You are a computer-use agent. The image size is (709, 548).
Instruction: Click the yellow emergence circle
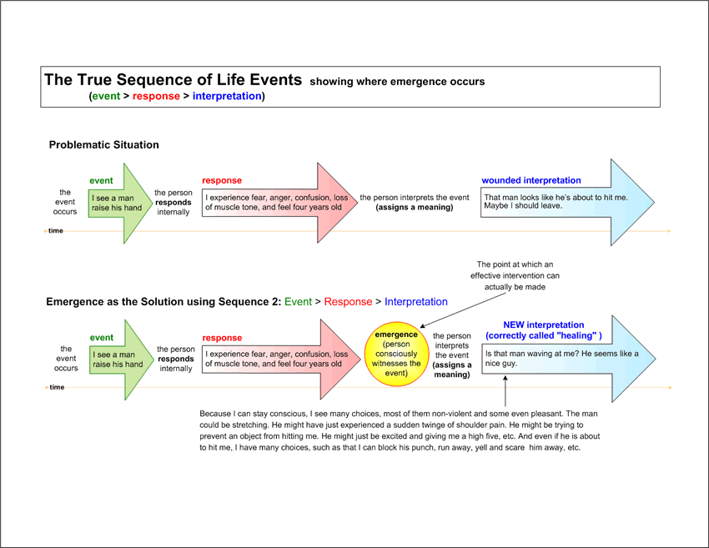click(x=396, y=354)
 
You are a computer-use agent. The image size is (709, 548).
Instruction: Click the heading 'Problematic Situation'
click(x=104, y=144)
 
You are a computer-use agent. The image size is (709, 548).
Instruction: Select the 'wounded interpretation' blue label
click(x=531, y=180)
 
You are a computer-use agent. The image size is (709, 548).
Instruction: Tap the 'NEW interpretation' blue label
click(x=544, y=324)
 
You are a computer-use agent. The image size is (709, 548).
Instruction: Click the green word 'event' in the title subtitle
click(x=106, y=96)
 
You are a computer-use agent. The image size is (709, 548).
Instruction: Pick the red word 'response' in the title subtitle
click(x=156, y=96)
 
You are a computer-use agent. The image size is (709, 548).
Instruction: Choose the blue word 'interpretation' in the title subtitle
click(x=227, y=96)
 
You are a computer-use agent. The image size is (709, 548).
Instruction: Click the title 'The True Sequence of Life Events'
click(x=173, y=79)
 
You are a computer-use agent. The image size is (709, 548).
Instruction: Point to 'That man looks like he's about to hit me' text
click(x=556, y=197)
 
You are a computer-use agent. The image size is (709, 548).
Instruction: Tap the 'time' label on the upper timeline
click(x=56, y=230)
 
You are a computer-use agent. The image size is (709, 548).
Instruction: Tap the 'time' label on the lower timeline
click(x=57, y=387)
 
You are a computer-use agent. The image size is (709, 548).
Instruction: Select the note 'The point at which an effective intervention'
click(x=515, y=275)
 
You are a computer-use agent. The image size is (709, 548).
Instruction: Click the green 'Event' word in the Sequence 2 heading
click(x=298, y=302)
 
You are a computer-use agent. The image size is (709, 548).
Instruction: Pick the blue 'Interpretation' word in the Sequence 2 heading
click(x=416, y=302)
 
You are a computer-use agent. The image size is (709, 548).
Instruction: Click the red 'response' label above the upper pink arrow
click(x=222, y=180)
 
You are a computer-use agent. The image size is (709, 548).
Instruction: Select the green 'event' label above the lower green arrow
click(x=102, y=338)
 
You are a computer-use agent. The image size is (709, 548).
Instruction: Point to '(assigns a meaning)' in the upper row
click(x=415, y=207)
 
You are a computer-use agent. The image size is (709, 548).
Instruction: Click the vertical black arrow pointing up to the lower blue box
click(x=505, y=391)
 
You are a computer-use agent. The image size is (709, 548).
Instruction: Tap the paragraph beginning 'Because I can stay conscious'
click(x=400, y=430)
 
